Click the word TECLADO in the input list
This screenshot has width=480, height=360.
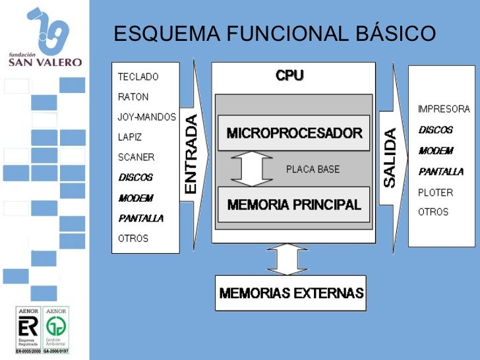[138, 76]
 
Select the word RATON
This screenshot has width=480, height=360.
[133, 97]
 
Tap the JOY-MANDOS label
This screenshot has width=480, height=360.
[146, 117]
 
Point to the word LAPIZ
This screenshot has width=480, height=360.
[130, 137]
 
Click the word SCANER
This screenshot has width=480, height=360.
[136, 158]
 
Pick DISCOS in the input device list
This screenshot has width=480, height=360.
[135, 177]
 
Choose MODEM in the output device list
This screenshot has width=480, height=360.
[435, 151]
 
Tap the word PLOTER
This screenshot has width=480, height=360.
[435, 193]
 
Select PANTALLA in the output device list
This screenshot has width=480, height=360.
[440, 171]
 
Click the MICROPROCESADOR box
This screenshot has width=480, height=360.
[294, 134]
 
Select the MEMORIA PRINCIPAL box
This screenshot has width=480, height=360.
[294, 204]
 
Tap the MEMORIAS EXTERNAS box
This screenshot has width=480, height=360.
[291, 293]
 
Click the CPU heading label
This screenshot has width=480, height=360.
[289, 76]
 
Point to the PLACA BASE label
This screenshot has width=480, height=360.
[313, 169]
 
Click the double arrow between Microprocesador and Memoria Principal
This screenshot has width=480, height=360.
[251, 169]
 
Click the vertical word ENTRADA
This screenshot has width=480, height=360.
[191, 154]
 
